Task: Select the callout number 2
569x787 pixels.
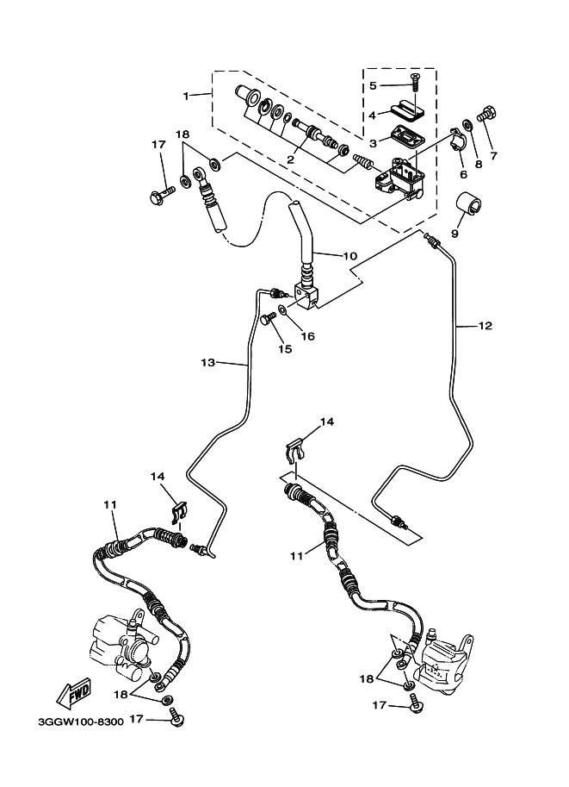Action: pos(291,159)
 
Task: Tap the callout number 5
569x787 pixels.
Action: pos(373,85)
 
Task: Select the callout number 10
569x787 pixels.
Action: pos(325,255)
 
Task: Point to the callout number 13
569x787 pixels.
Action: pos(207,363)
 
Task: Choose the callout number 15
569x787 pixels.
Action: pos(285,349)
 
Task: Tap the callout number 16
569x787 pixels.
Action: pos(307,335)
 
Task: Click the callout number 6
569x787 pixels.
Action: pos(463,174)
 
